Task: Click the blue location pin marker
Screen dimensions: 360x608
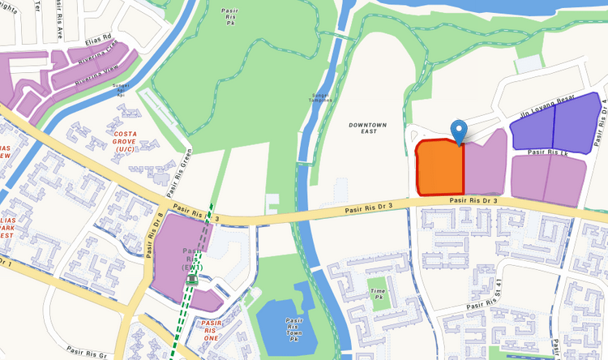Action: (x=459, y=130)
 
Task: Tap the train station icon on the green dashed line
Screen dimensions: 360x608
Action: (x=192, y=280)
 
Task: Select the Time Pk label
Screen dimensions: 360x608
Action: (x=377, y=294)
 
